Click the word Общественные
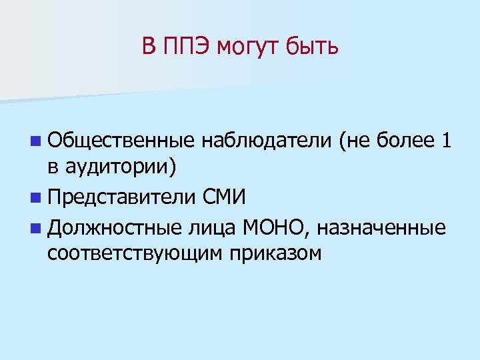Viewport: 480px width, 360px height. (x=120, y=141)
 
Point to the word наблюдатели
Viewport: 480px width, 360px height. (x=265, y=141)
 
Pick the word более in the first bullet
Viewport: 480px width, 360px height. (x=401, y=141)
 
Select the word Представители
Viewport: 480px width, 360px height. (x=122, y=197)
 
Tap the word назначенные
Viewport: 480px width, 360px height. (x=381, y=228)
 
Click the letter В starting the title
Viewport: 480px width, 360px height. (x=148, y=47)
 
